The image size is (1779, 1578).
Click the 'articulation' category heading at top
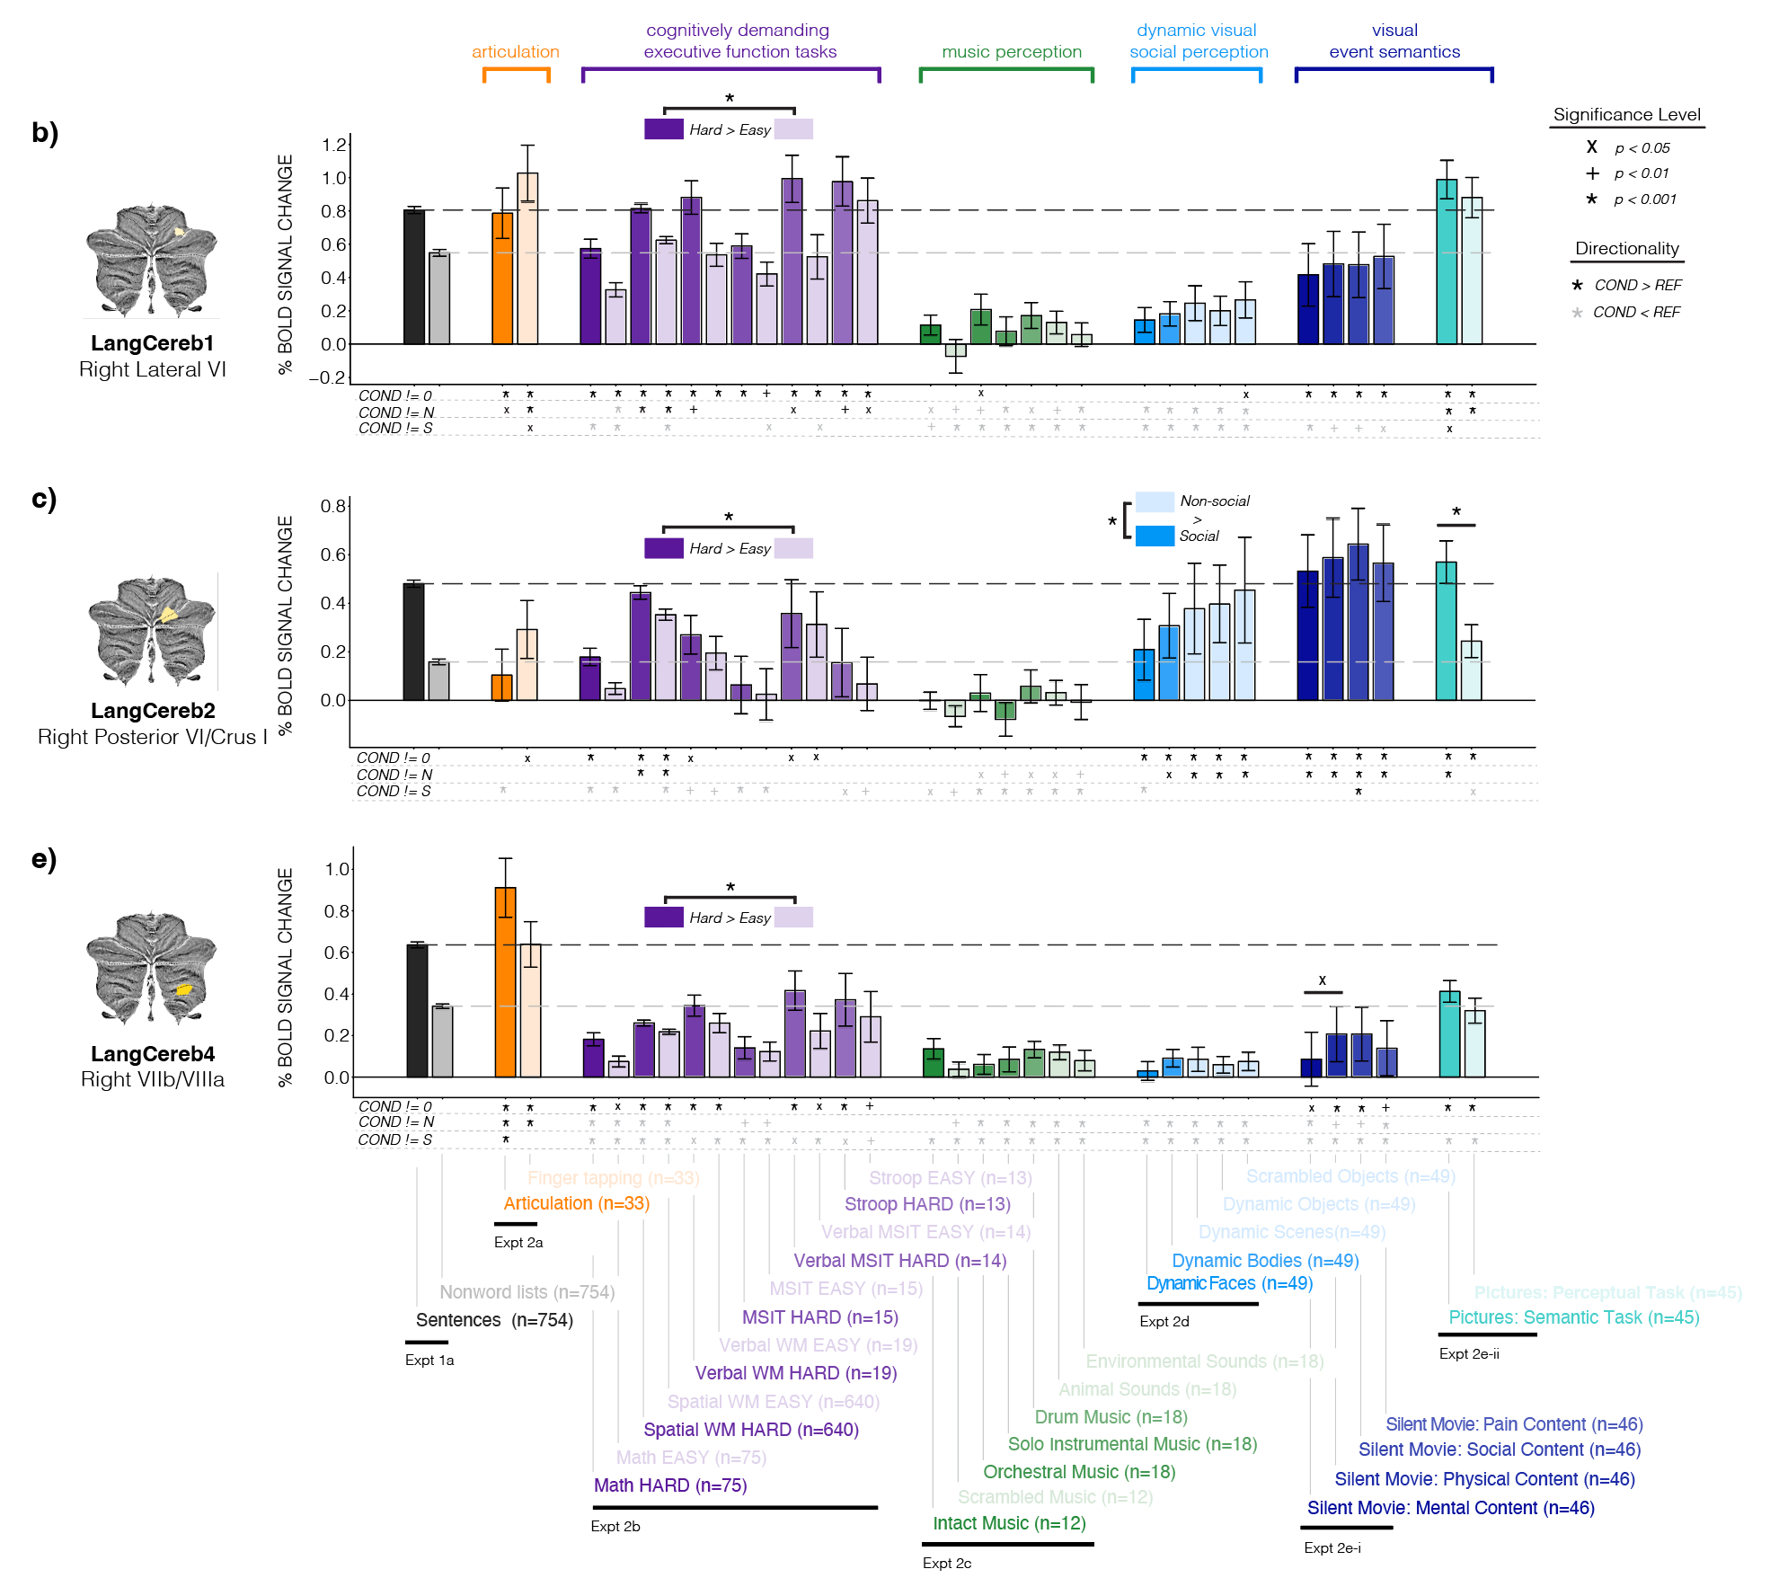(x=515, y=52)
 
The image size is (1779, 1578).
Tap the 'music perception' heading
(x=1011, y=52)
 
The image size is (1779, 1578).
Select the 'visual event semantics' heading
(x=1394, y=41)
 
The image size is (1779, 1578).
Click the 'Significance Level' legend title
(x=1626, y=115)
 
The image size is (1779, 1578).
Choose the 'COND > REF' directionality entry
(x=1637, y=286)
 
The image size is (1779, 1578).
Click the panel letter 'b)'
(x=45, y=133)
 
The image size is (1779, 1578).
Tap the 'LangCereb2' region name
(x=153, y=711)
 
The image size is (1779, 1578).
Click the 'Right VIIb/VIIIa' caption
(x=153, y=1079)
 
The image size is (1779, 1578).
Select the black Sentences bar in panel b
(x=413, y=277)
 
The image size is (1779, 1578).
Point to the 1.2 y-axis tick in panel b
(x=334, y=145)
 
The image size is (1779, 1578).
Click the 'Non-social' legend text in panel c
(x=1214, y=501)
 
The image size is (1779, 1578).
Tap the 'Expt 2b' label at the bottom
(x=615, y=1526)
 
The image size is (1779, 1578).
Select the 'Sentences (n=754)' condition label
(x=494, y=1320)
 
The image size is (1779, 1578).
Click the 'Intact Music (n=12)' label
(x=1009, y=1523)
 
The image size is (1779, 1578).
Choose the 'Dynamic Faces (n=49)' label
(x=1229, y=1283)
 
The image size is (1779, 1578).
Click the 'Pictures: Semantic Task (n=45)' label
(x=1573, y=1317)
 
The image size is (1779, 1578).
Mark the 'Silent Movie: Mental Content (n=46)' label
(x=1450, y=1508)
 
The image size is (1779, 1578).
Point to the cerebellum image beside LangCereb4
(x=152, y=969)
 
